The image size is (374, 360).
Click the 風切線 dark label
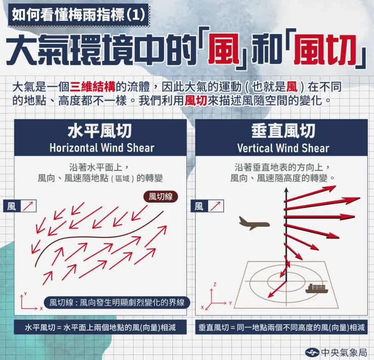(x=161, y=196)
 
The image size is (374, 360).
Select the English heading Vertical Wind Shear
(x=283, y=148)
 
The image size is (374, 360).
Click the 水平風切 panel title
(x=100, y=131)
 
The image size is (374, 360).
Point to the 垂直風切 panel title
(x=283, y=131)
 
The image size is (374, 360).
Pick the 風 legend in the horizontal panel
(x=21, y=206)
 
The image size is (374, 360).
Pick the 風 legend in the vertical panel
(x=207, y=206)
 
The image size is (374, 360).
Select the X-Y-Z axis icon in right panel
(x=215, y=298)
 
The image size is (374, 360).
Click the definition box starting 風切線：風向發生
(x=117, y=303)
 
